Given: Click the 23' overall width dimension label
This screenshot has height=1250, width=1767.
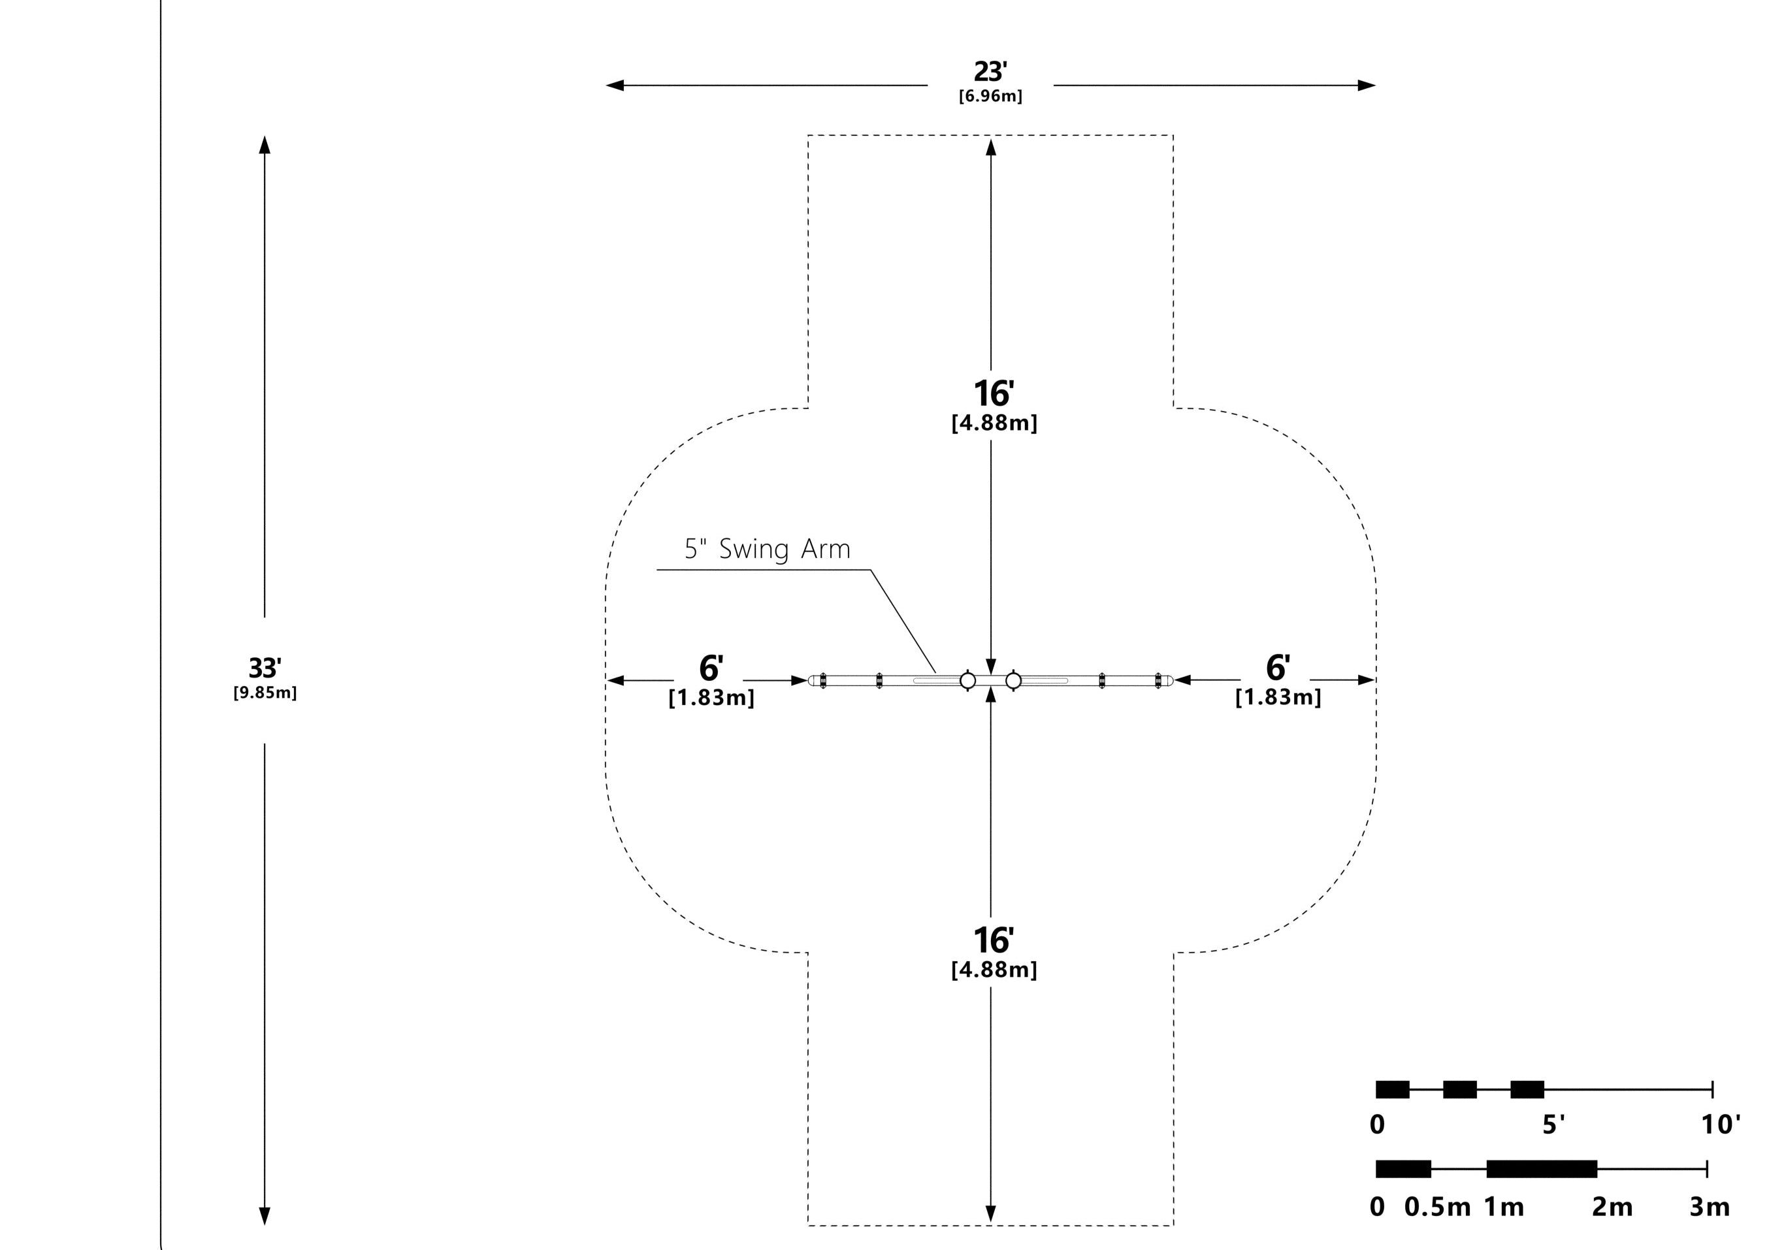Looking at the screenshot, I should [x=990, y=72].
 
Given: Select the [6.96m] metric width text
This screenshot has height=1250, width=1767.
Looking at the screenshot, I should [x=990, y=96].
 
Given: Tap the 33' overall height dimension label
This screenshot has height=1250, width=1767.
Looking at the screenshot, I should [x=265, y=667].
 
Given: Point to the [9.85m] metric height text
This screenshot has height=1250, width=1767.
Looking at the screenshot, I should [x=265, y=693].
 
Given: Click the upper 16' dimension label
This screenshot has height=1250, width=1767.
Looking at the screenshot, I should [x=994, y=394].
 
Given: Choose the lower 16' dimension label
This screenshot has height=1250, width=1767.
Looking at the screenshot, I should [x=994, y=940].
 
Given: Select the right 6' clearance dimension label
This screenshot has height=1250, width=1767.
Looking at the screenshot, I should [x=1278, y=667].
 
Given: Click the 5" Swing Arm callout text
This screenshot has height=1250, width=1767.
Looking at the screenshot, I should [x=768, y=550].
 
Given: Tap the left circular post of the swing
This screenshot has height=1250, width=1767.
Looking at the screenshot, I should [x=968, y=680].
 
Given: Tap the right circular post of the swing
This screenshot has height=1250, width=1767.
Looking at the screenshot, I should [x=1014, y=680].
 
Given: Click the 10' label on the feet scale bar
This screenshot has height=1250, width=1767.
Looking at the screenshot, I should [x=1720, y=1125].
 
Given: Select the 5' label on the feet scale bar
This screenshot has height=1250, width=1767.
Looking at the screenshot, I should [x=1553, y=1125].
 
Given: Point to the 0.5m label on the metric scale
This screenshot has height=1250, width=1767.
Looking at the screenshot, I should [x=1437, y=1207].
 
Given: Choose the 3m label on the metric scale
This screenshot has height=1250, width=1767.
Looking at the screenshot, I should [x=1710, y=1207].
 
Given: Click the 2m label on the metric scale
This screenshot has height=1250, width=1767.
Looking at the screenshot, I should [x=1612, y=1207].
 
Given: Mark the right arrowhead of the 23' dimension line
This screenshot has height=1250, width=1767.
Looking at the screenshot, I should [x=1367, y=86].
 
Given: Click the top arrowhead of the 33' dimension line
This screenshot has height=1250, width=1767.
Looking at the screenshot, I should [x=265, y=144].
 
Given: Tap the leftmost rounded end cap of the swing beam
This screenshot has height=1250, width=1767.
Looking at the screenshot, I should [x=811, y=680].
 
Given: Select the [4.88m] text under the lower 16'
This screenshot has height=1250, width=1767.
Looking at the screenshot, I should [x=994, y=970].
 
